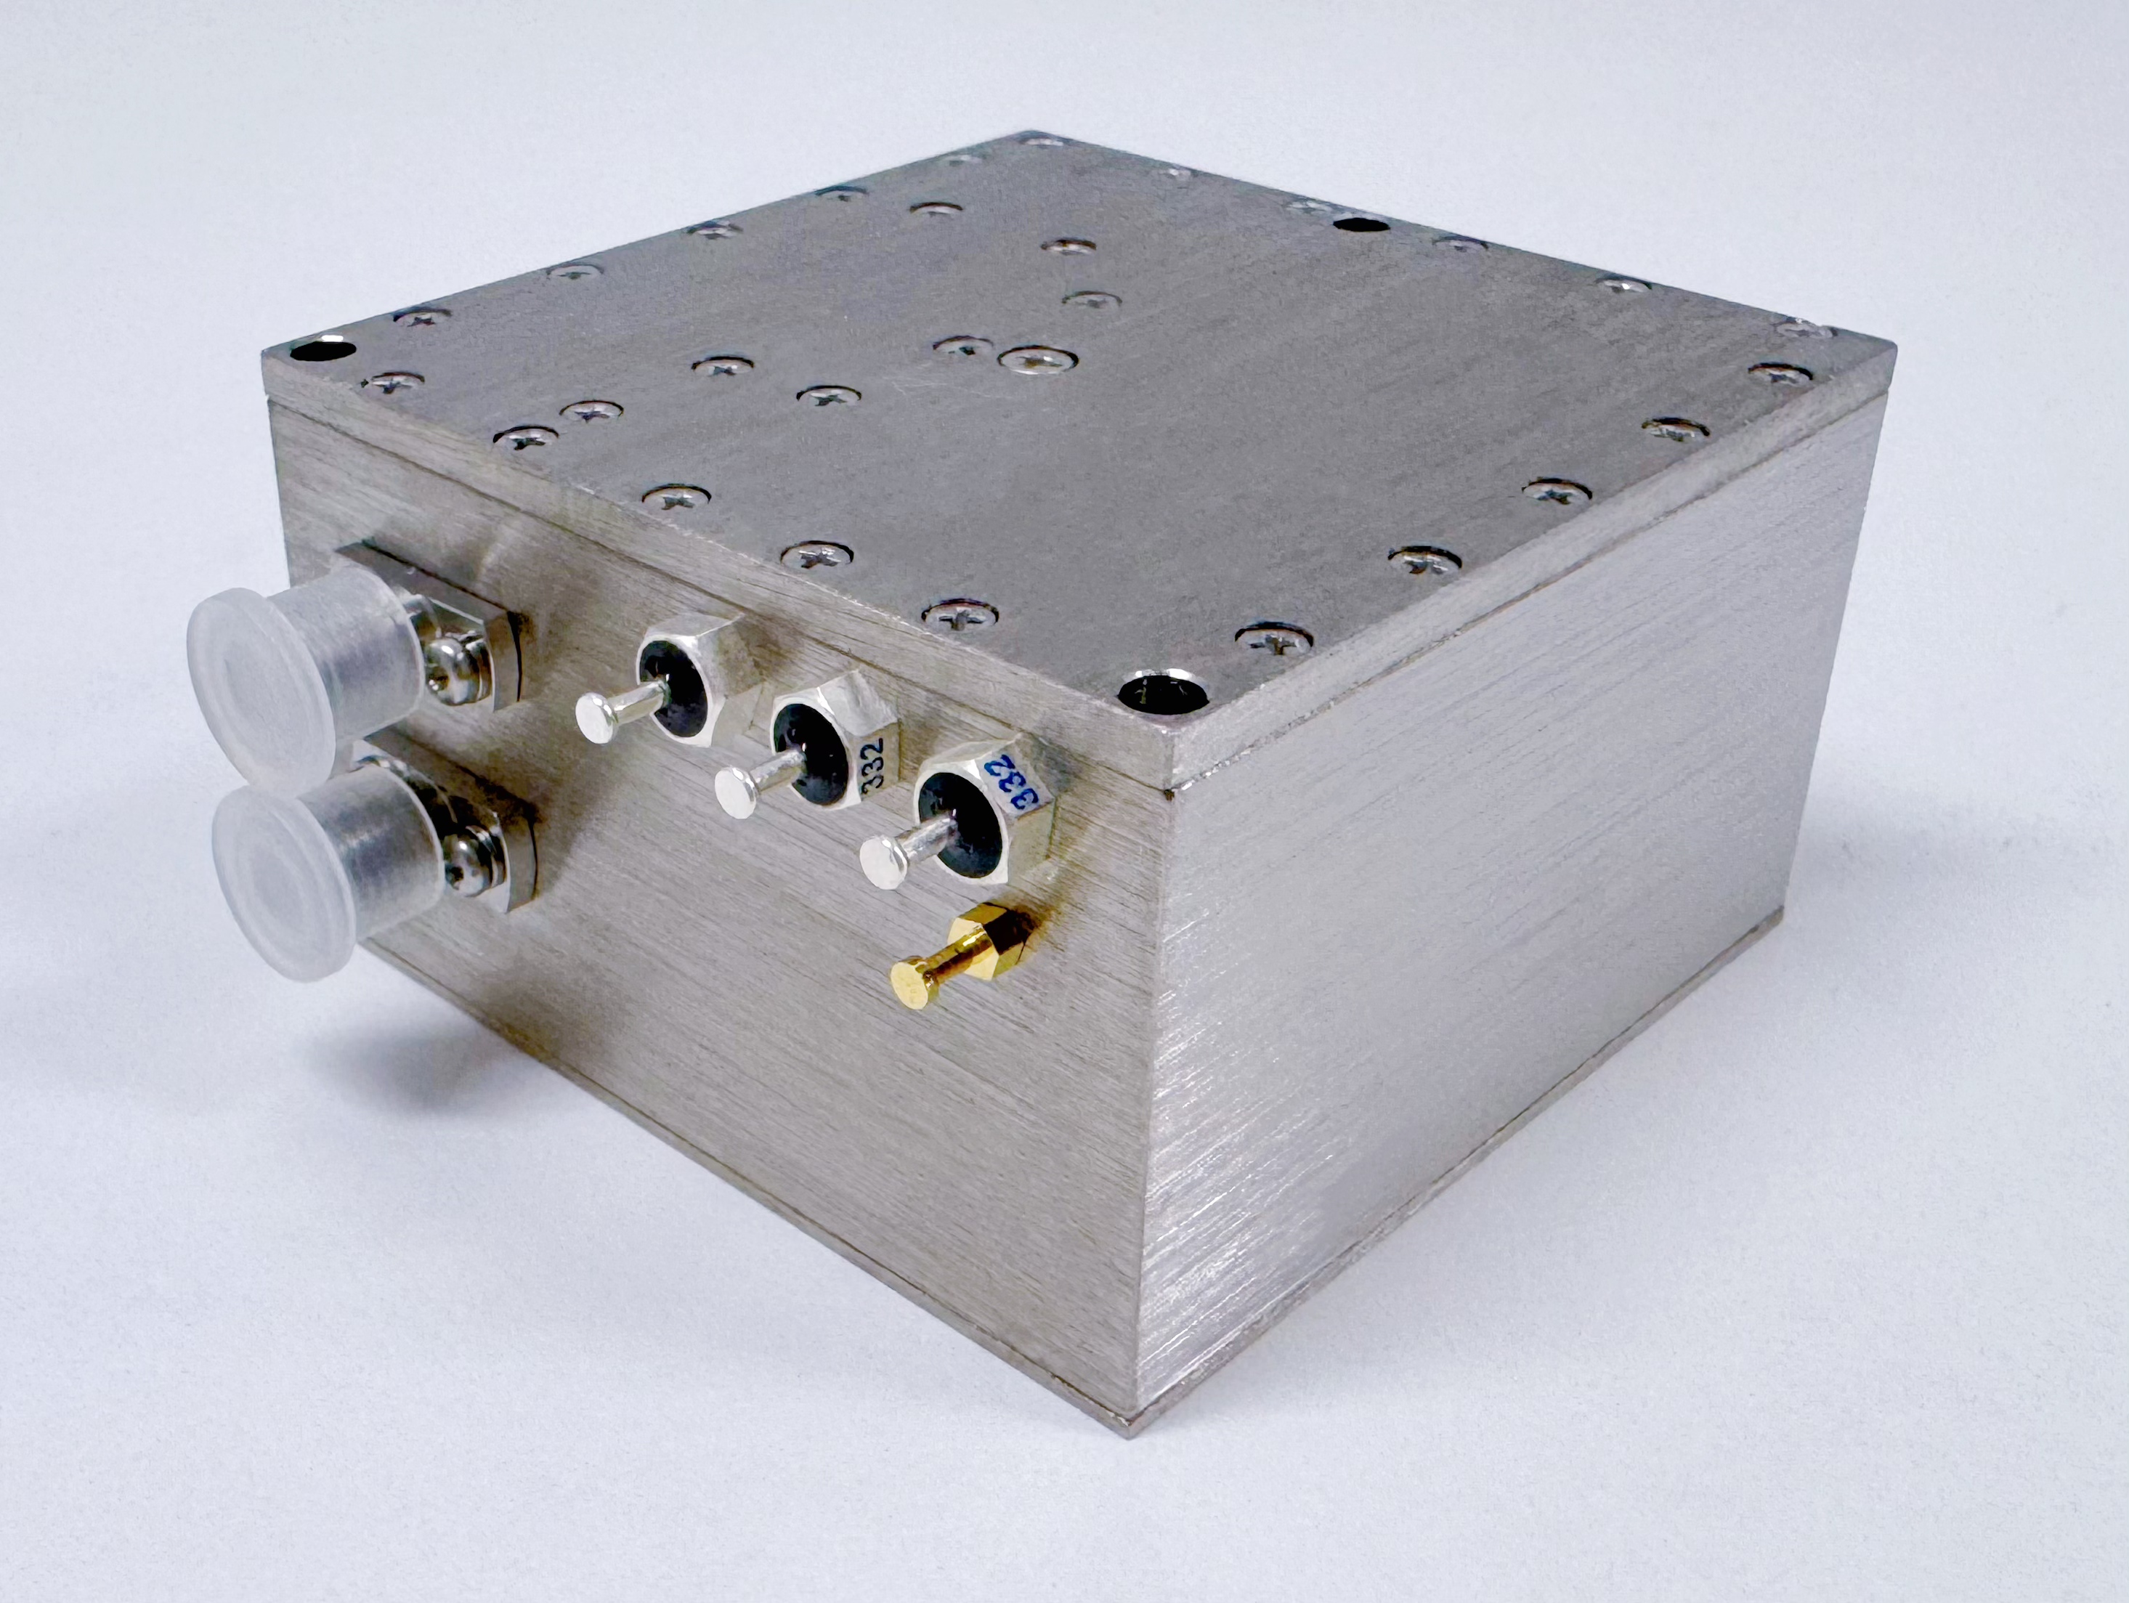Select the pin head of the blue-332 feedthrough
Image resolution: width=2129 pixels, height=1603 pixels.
click(882, 860)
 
